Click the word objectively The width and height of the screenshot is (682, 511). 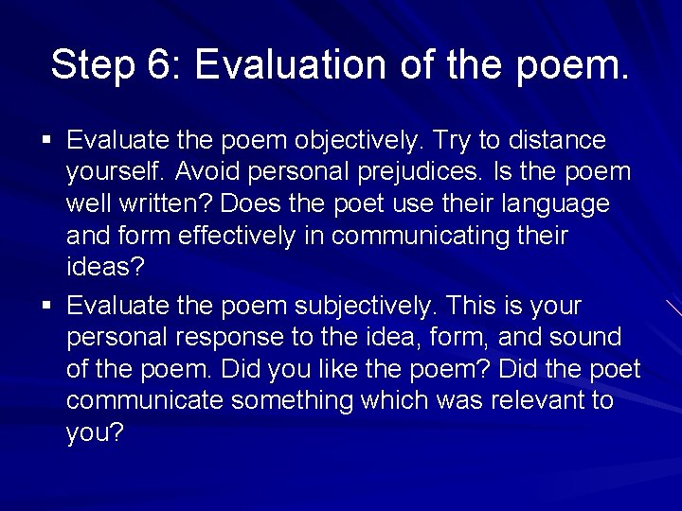tap(358, 141)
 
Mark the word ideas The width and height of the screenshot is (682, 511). tap(104, 267)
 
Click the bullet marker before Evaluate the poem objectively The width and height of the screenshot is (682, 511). tap(46, 142)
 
